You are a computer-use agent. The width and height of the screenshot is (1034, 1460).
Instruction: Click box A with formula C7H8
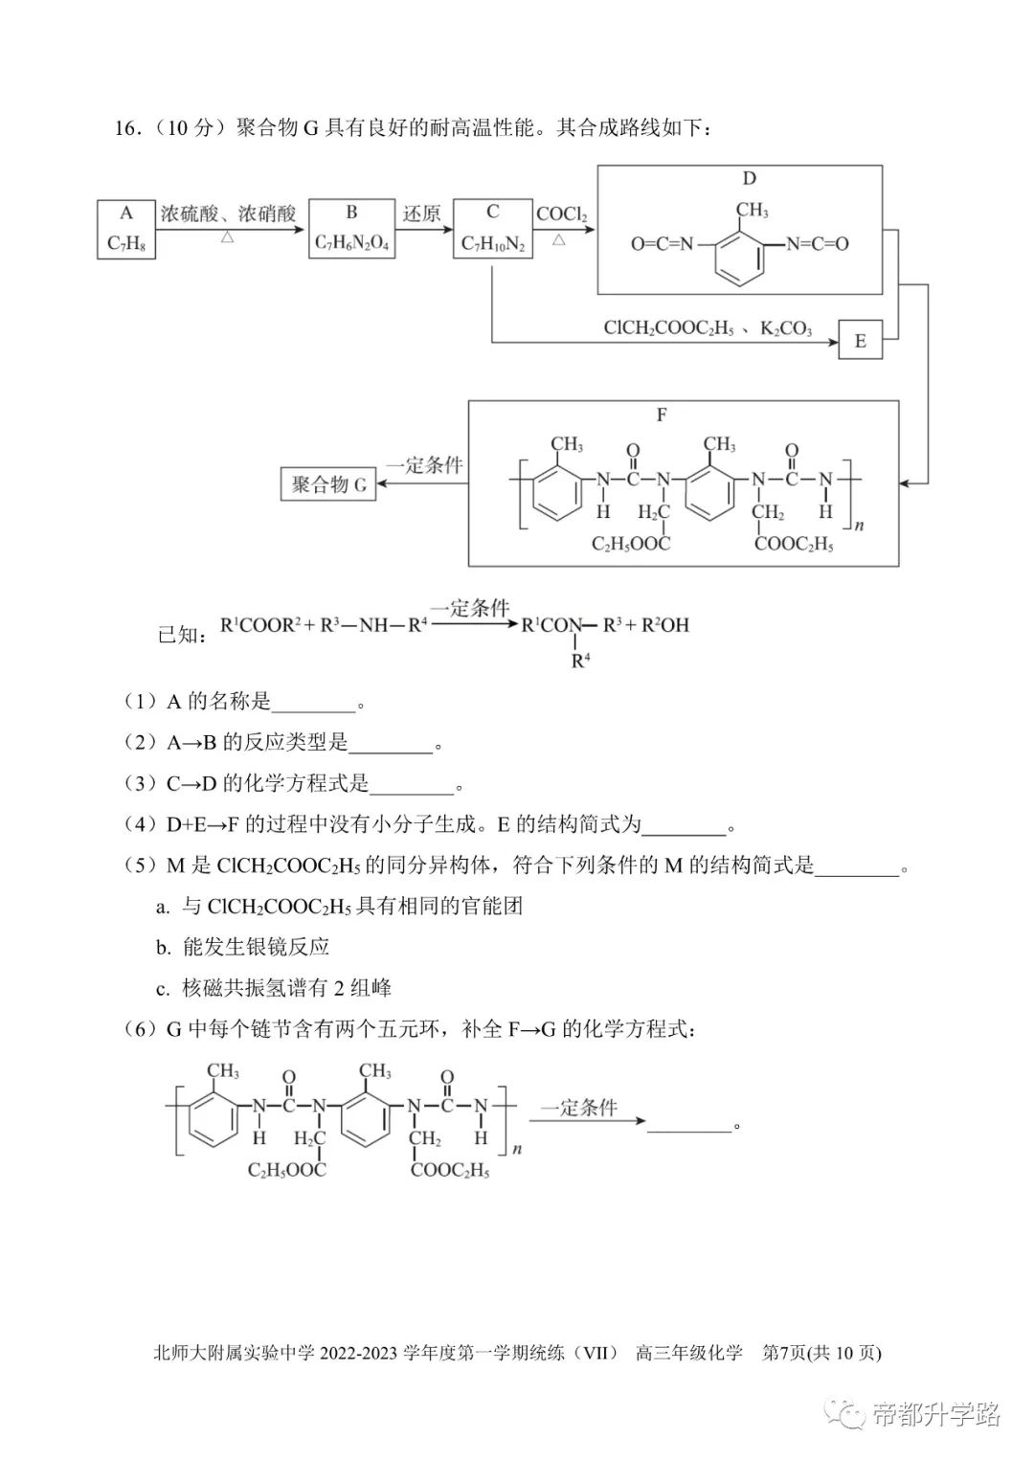[x=126, y=230]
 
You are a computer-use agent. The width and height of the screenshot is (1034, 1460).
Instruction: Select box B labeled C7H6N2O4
[x=351, y=229]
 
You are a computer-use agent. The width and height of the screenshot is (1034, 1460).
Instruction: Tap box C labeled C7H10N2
[x=493, y=229]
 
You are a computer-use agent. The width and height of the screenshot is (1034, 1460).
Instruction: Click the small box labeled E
[x=860, y=340]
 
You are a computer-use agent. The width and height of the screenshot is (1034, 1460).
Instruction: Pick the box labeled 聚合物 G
[x=328, y=484]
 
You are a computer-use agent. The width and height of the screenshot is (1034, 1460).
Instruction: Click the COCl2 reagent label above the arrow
[x=561, y=214]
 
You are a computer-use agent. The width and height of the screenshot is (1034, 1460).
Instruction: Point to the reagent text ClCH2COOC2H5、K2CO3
[x=708, y=327]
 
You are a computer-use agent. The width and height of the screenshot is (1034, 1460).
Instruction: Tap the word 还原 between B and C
[x=422, y=213]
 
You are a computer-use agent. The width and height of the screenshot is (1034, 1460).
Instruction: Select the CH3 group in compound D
[x=752, y=210]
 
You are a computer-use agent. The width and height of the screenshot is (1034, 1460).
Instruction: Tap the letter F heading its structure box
[x=662, y=415]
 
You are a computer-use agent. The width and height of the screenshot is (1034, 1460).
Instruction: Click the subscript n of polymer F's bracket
[x=859, y=526]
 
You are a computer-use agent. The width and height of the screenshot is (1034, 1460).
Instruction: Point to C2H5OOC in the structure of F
[x=630, y=544]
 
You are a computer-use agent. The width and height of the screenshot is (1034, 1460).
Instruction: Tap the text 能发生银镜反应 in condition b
[x=256, y=947]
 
